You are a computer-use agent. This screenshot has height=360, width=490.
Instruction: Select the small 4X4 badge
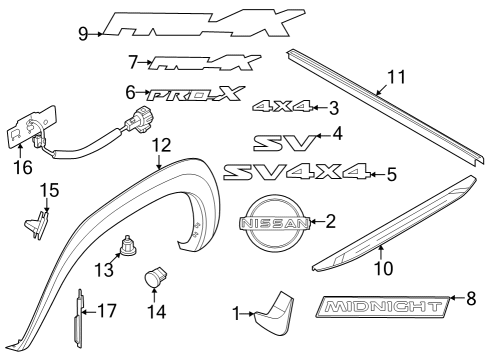(x=283, y=106)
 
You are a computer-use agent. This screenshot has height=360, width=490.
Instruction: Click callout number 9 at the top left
(x=83, y=33)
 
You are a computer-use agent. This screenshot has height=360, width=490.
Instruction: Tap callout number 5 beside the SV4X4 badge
(x=391, y=175)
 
